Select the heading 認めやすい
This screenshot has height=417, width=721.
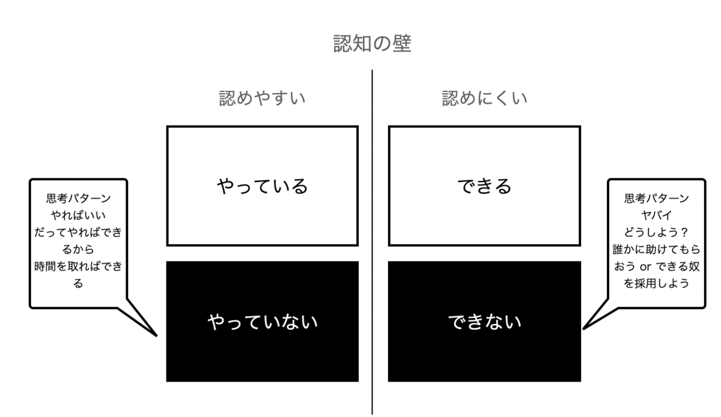pos(262,99)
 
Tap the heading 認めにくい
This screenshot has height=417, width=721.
pos(485,99)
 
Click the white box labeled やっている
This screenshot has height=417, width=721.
pos(262,186)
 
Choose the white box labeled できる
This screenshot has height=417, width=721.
pos(484,186)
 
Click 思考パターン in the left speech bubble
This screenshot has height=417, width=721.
pos(78,198)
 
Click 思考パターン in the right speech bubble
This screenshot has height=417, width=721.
pos(656,198)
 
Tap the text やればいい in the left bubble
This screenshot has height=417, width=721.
pos(78,215)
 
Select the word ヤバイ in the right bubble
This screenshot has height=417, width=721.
pos(656,215)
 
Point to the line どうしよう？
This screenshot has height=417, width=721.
pos(656,232)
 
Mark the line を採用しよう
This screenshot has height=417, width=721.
pos(656,283)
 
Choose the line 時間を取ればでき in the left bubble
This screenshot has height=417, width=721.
pos(78,266)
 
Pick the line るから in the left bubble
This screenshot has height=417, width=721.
pos(78,249)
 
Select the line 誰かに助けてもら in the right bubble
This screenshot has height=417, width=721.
pos(656,249)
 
